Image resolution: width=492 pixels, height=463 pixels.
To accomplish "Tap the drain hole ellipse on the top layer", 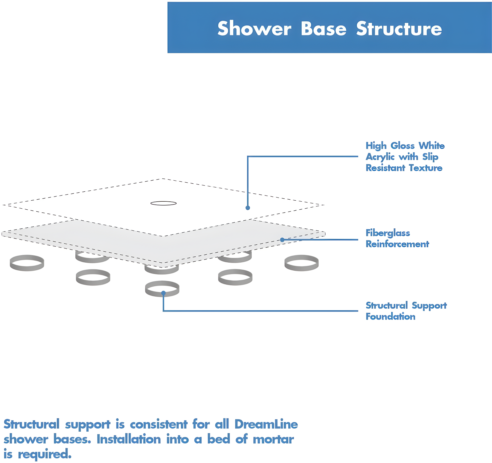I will point(163,203).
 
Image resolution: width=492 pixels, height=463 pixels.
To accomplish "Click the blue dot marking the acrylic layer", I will point(248,208).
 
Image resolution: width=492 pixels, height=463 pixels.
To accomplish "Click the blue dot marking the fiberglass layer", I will point(282,240).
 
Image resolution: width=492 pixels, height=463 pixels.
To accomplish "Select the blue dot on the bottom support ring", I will point(163,293).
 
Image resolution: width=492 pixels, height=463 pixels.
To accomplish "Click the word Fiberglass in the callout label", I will point(388,233).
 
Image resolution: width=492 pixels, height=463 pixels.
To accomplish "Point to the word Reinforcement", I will point(397,244).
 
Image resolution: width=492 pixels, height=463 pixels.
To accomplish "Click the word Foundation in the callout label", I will point(390,316).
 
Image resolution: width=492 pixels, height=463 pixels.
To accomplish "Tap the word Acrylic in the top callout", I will point(380,157).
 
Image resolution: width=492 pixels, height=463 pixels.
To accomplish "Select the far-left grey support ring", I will point(27,263).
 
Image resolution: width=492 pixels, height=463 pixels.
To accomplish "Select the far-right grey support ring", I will point(301,263).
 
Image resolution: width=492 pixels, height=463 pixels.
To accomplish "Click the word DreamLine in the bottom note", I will point(266,424).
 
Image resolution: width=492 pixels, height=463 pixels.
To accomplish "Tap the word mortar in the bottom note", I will point(273,439).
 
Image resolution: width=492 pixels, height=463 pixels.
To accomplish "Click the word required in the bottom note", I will point(44,454).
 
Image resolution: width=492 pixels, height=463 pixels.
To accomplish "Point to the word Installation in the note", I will point(129,439).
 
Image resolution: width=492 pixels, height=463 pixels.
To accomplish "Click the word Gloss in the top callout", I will point(402,146).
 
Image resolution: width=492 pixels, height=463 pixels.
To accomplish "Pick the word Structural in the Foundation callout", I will point(386,305).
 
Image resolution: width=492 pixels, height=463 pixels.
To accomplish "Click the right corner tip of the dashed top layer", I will point(323,205).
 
